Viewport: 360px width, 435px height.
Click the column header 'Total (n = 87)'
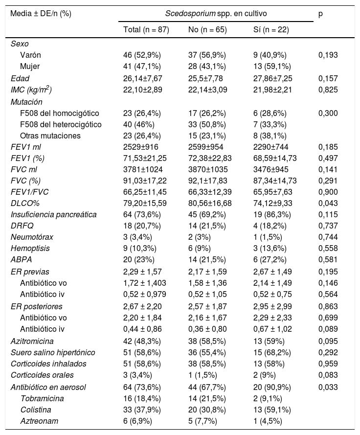click(x=146, y=29)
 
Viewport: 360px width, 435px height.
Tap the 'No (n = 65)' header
click(x=207, y=29)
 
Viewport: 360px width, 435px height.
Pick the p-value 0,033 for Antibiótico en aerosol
click(x=328, y=387)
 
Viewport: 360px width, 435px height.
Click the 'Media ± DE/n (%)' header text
click(x=41, y=13)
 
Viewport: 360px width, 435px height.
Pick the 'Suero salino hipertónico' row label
click(x=53, y=352)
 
